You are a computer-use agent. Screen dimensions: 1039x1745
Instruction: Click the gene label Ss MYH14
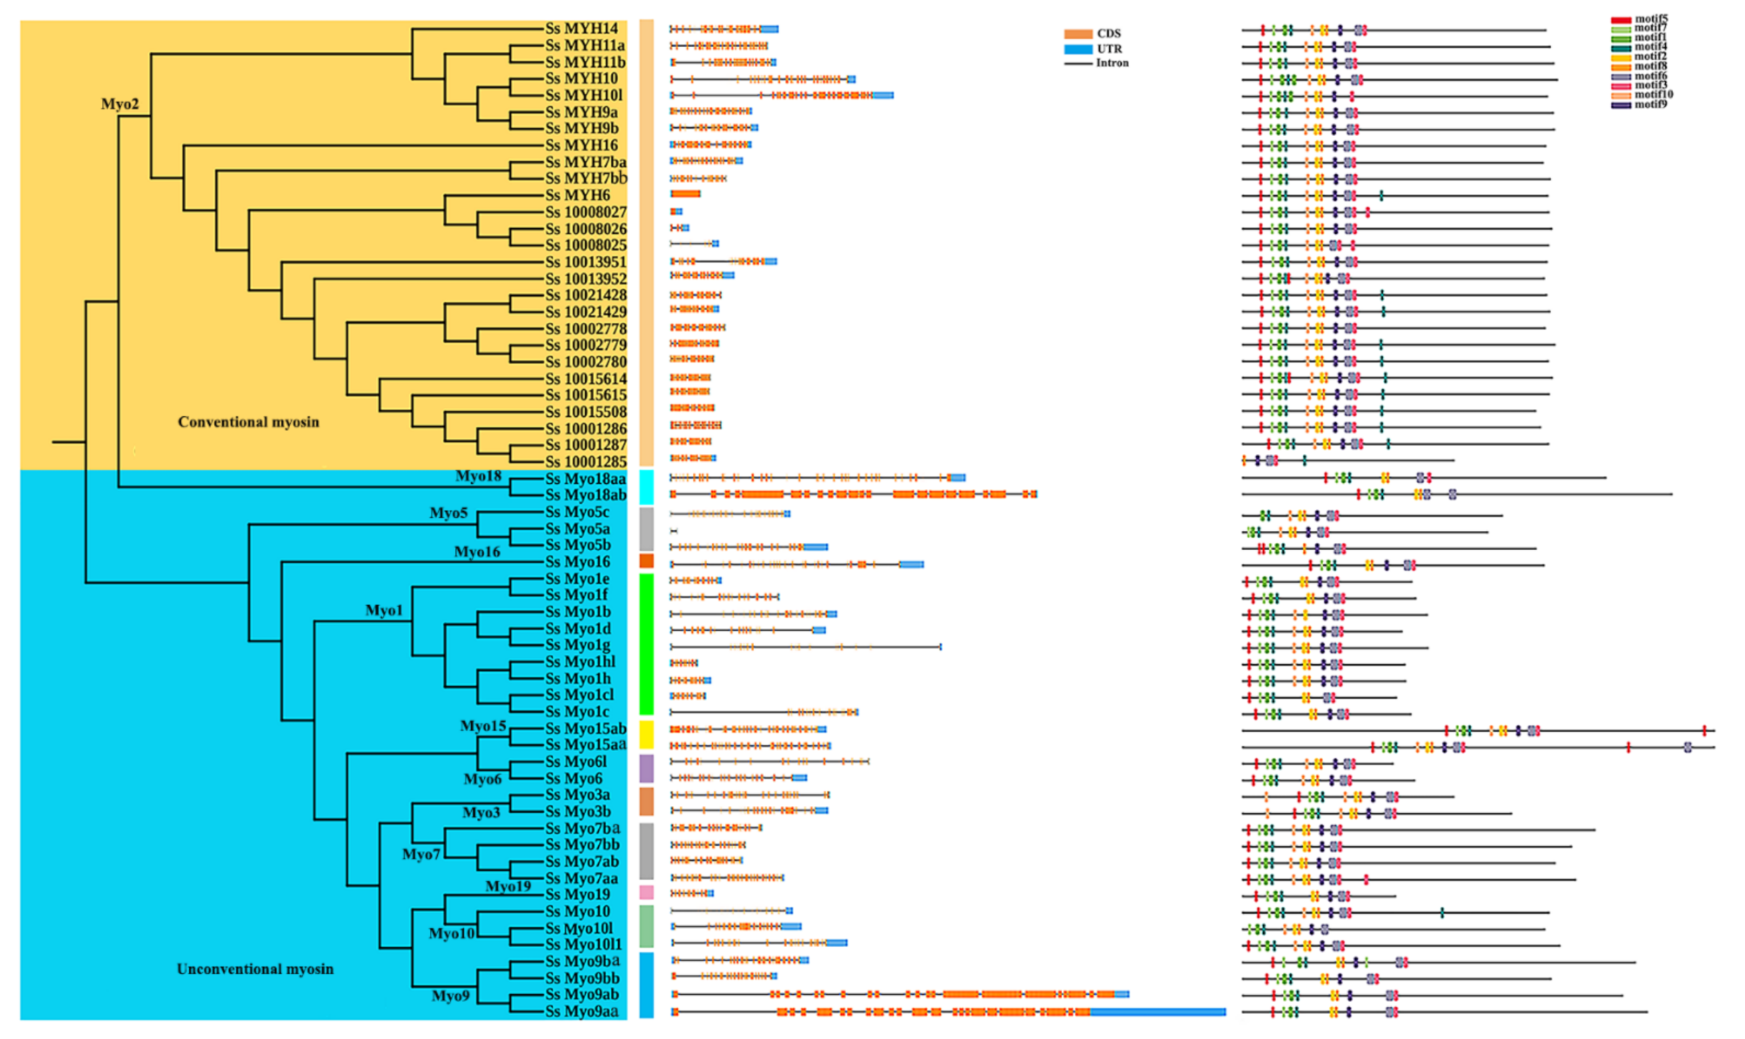point(581,29)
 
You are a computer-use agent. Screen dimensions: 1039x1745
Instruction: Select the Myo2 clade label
point(120,104)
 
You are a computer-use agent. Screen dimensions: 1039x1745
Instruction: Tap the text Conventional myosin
point(248,422)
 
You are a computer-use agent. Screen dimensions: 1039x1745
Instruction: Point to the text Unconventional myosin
point(254,969)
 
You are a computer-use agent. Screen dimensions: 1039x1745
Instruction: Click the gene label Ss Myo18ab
point(585,495)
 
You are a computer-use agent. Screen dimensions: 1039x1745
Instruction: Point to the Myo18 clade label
point(478,476)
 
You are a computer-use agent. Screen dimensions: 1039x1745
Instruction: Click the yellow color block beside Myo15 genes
point(646,735)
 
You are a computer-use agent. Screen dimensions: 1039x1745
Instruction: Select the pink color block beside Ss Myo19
point(646,892)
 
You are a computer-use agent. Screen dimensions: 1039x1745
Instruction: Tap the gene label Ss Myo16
point(577,562)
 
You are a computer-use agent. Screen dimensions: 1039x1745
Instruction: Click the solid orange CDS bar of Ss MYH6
point(685,194)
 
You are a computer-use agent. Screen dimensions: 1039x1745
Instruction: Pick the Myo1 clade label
point(384,611)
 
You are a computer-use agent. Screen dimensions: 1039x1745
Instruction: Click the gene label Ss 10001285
point(585,462)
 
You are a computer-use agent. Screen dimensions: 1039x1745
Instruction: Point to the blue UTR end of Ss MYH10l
point(882,95)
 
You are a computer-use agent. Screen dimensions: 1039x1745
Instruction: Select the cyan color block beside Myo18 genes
point(646,487)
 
